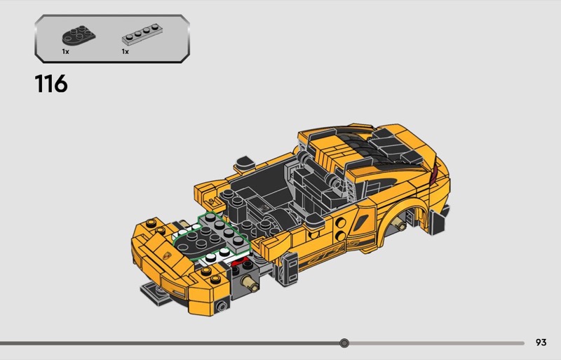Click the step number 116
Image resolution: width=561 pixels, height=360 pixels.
[51, 84]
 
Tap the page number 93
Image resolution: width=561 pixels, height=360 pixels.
[541, 342]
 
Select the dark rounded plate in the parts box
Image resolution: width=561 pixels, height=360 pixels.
[79, 35]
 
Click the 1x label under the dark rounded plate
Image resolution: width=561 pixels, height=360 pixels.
[65, 52]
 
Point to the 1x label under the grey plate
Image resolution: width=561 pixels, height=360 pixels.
[126, 52]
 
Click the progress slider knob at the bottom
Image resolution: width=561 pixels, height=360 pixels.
[344, 343]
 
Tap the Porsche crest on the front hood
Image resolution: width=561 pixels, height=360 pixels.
[167, 256]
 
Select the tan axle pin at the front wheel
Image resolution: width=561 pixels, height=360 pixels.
[250, 283]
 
